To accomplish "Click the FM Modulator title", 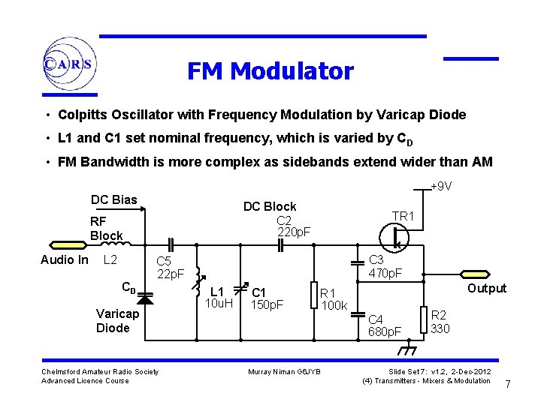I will [x=270, y=71].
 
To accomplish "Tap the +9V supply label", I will [x=440, y=187].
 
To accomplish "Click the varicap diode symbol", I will [x=144, y=298].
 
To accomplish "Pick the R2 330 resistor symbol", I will [x=424, y=319].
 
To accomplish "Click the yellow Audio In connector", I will [x=65, y=244].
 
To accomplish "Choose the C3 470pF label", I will [x=385, y=267].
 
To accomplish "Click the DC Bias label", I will [x=114, y=199].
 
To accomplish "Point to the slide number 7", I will [x=507, y=384].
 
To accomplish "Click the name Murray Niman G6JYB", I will [x=284, y=372].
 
